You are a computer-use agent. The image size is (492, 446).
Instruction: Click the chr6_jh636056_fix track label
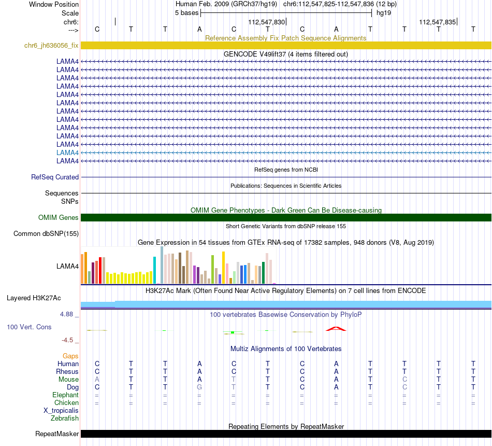point(51,45)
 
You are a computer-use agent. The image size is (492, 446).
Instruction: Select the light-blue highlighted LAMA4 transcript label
point(67,152)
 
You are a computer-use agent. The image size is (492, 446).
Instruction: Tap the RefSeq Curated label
point(55,177)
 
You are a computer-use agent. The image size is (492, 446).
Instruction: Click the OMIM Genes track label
point(59,217)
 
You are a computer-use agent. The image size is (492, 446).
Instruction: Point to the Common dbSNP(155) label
point(46,233)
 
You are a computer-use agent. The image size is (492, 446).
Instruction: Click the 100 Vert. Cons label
point(29,327)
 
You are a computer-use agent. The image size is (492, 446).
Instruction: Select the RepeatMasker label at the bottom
point(57,434)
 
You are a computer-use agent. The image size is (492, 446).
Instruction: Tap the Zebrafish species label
point(65,418)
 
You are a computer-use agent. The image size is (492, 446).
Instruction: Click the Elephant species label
point(66,395)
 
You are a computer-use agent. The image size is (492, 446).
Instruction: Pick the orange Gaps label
point(70,356)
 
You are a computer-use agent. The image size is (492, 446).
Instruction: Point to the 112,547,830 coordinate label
point(266,22)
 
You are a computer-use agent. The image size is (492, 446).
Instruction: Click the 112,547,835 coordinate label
point(437,22)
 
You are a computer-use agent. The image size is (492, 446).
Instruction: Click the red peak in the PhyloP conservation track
point(336,328)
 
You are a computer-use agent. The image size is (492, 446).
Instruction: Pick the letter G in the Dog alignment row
point(199,387)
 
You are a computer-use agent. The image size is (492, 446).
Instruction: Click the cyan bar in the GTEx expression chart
point(154,270)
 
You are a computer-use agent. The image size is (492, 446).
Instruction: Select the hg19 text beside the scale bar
point(384,12)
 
